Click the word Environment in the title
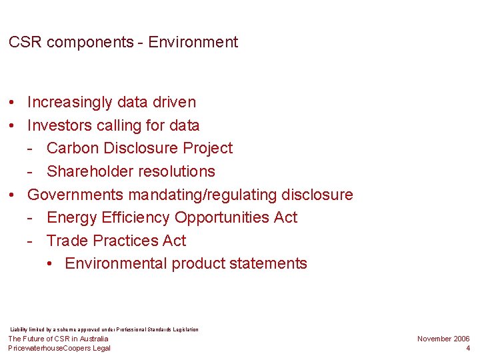point(193,43)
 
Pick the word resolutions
point(177,171)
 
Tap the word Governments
point(75,195)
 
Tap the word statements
point(268,263)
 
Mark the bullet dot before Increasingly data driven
point(13,103)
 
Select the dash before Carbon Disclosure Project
point(31,149)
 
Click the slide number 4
point(467,348)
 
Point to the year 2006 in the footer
point(461,339)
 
